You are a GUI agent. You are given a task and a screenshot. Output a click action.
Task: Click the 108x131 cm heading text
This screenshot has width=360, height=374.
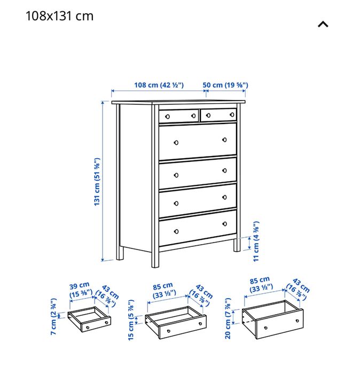click(x=59, y=16)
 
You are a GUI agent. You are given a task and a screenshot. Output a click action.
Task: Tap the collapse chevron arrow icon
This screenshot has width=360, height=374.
click(x=323, y=24)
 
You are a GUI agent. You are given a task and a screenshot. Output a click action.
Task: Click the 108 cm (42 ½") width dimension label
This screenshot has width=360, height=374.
click(x=159, y=85)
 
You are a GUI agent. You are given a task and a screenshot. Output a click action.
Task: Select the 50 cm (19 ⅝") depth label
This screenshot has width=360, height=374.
click(x=225, y=85)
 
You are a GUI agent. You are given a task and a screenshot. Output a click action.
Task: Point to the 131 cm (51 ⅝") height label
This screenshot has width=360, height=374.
click(x=97, y=182)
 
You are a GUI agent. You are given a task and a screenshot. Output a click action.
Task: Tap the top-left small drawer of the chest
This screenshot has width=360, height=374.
click(x=178, y=115)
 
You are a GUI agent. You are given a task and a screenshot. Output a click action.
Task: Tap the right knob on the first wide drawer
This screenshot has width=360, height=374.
click(x=224, y=140)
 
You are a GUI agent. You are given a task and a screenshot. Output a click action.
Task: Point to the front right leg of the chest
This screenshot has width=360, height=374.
click(x=236, y=245)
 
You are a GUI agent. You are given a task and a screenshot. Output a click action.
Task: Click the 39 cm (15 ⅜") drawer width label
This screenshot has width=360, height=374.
click(x=81, y=289)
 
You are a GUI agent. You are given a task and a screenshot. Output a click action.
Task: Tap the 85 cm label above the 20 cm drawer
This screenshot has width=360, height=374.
click(x=261, y=283)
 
